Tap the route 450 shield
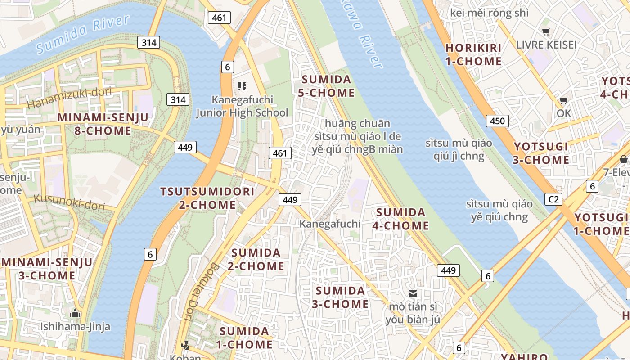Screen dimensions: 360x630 [x=497, y=121]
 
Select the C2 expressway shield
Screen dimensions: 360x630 [x=553, y=199]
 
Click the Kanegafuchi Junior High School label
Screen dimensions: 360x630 [x=242, y=106]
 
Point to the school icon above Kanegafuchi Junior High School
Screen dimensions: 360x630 [x=242, y=86]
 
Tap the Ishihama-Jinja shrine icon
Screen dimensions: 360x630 [x=75, y=313]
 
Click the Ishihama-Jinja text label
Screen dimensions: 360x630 [x=75, y=326]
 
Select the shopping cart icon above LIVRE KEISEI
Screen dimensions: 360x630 [x=546, y=31]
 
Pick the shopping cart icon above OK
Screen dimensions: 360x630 [x=563, y=100]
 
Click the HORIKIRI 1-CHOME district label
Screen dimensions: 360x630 [x=473, y=54]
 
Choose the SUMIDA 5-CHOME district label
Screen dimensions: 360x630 [x=326, y=86]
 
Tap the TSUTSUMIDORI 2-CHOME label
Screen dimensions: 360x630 [x=207, y=198]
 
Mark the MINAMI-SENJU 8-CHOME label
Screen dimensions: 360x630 [x=103, y=124]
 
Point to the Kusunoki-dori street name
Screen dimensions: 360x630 [x=69, y=202]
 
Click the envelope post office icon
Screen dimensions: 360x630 [x=413, y=294]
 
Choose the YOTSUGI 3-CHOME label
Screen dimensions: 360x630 [x=541, y=153]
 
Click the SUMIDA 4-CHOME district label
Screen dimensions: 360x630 [x=400, y=219]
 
